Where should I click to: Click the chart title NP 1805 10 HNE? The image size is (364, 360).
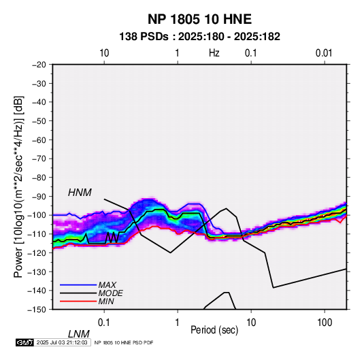tap(199, 19)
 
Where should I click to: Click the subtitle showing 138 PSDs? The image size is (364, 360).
tap(199, 37)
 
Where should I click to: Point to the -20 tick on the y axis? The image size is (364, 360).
tap(39, 65)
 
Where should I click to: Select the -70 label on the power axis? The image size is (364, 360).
tap(39, 159)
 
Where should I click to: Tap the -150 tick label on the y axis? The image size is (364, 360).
tap(37, 310)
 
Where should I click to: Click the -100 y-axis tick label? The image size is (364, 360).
tap(37, 215)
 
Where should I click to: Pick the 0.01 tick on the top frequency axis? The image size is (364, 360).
tap(324, 53)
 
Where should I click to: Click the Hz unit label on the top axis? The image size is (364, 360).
tap(214, 53)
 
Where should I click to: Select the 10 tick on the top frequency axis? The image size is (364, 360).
tap(104, 53)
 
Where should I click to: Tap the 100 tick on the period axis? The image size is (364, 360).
tap(325, 323)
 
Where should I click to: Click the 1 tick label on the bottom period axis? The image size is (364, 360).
tap(178, 323)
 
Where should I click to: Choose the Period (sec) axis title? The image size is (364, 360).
tap(214, 330)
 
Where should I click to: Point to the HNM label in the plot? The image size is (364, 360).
tap(80, 193)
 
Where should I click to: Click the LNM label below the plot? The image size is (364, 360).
tap(78, 334)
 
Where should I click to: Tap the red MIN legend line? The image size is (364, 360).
tap(78, 301)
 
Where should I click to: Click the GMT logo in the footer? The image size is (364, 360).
tap(24, 342)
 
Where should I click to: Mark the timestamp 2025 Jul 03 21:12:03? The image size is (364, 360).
tap(62, 342)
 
